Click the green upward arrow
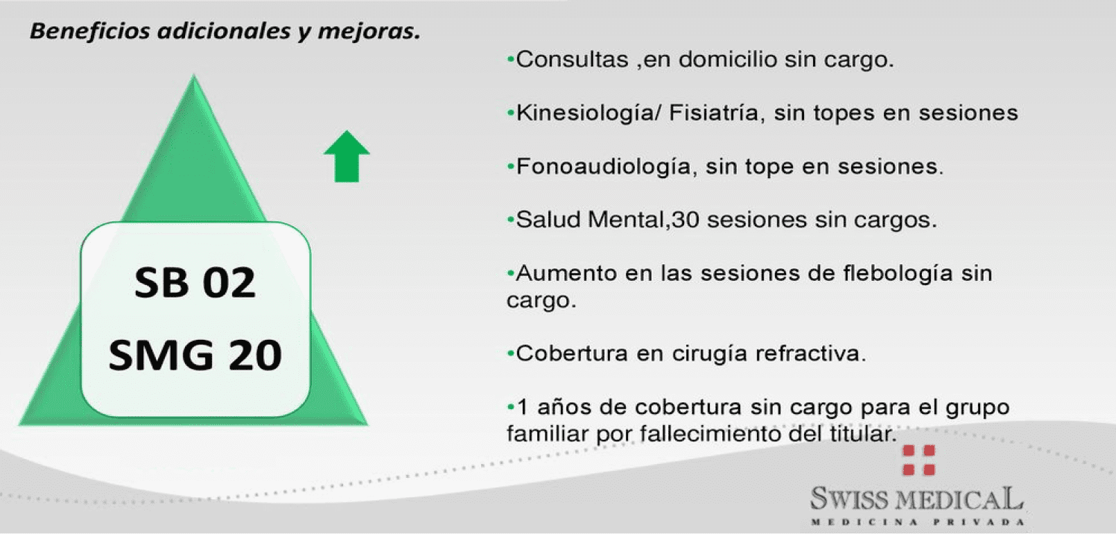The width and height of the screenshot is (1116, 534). tap(347, 157)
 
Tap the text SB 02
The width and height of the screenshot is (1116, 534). tap(195, 283)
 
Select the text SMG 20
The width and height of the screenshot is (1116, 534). tap(195, 355)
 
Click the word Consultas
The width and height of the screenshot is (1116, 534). tap(572, 60)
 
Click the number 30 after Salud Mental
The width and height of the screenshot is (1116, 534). tap(685, 220)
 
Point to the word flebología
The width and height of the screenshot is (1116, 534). tap(898, 274)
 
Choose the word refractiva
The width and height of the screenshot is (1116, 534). tap(810, 354)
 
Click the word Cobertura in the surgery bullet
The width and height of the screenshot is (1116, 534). tap(572, 354)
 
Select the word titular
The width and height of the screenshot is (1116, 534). tap(864, 433)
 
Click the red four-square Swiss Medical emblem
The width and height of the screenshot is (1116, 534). tap(918, 460)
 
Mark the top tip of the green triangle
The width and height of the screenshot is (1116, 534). tap(194, 75)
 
